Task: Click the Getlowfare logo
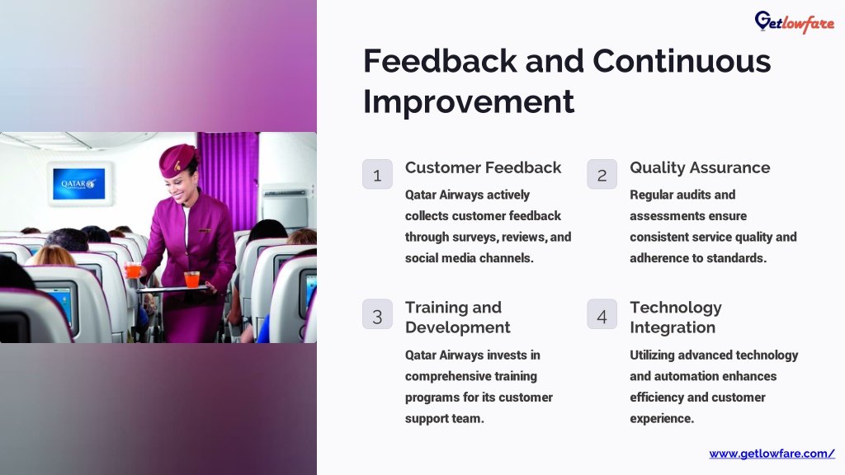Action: pyautogui.click(x=795, y=22)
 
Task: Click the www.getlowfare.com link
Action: pyautogui.click(x=772, y=454)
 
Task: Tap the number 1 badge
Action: pyautogui.click(x=377, y=174)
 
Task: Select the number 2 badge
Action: pyautogui.click(x=602, y=174)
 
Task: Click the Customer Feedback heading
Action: pyautogui.click(x=483, y=167)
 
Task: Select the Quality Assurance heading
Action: pyautogui.click(x=700, y=168)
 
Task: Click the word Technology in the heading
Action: pyautogui.click(x=676, y=308)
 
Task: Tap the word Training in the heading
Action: pyautogui.click(x=436, y=308)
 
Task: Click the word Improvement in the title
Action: pyautogui.click(x=469, y=101)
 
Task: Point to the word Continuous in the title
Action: pyautogui.click(x=682, y=61)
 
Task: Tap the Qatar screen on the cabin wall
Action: pyautogui.click(x=79, y=184)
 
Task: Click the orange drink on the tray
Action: pyautogui.click(x=191, y=280)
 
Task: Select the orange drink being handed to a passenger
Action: pyautogui.click(x=134, y=270)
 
